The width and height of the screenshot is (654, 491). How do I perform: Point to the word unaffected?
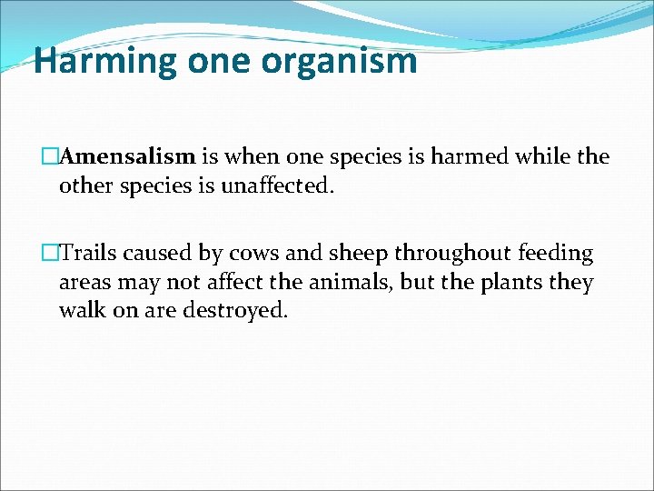pyautogui.click(x=277, y=186)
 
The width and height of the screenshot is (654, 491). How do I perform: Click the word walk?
pyautogui.click(x=81, y=312)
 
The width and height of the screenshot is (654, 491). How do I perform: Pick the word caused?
pyautogui.click(x=161, y=253)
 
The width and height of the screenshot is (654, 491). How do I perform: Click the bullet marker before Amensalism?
pyautogui.click(x=52, y=156)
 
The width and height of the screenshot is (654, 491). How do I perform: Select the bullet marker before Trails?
pyautogui.click(x=52, y=253)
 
